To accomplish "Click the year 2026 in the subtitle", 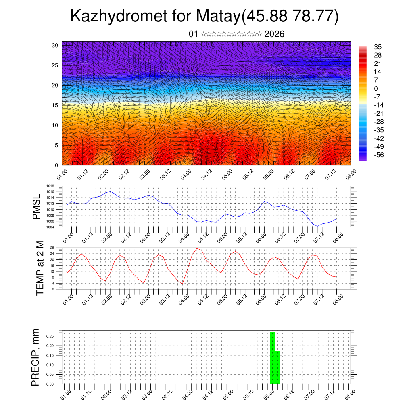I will point(274,34).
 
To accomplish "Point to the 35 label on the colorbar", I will point(378,47).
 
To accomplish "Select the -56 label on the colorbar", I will point(379,155).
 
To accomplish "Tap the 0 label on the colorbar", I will point(376,88).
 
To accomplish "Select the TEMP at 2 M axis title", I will point(40,268).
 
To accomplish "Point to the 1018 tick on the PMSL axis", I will point(50,186).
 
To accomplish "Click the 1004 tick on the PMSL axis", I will point(50,227).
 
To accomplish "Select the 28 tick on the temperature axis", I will point(52,248).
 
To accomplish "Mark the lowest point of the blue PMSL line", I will point(317,226).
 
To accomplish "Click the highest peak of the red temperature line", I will point(197,248).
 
